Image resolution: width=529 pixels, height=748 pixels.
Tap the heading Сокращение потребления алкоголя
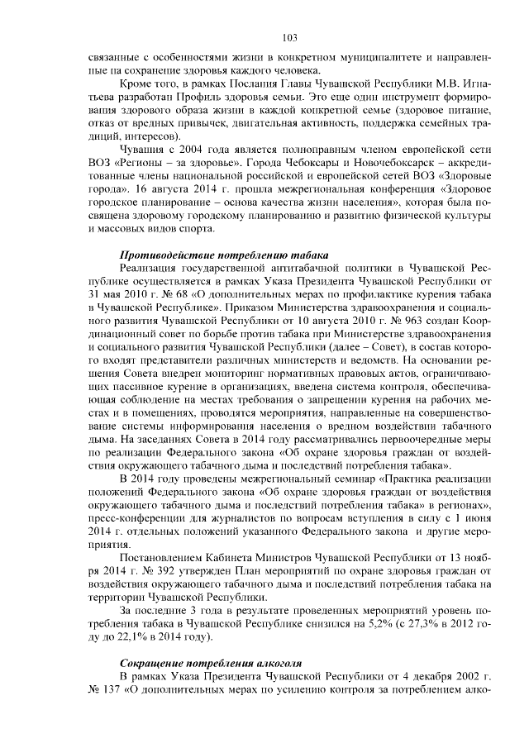pos(211,664)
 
